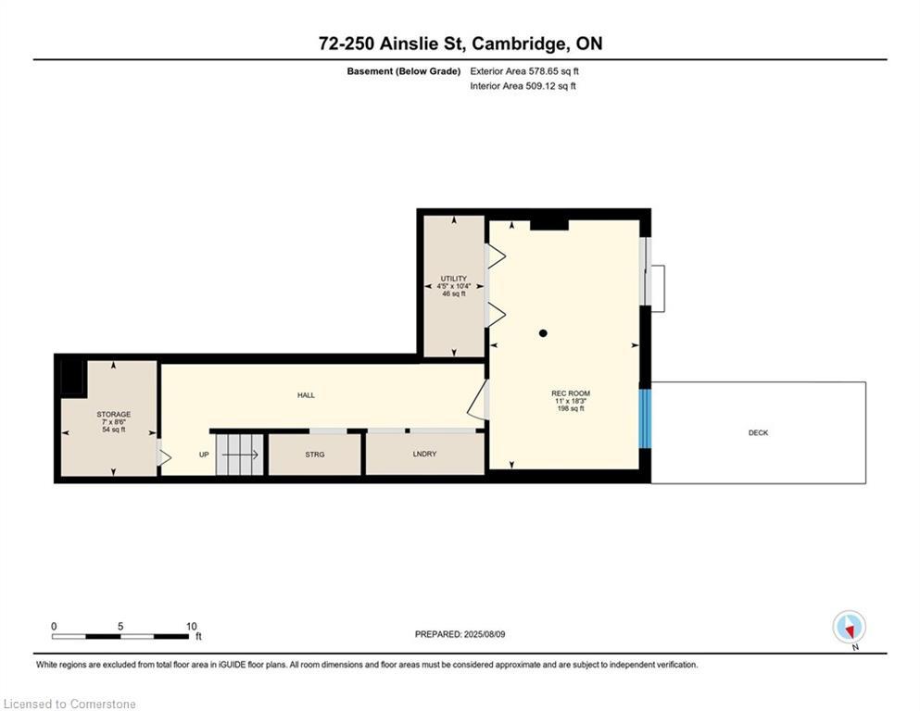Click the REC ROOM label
point(571,393)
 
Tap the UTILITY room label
point(454,279)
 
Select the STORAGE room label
point(114,415)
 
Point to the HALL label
point(306,395)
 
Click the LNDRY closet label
point(424,454)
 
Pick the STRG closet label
point(314,455)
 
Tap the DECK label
point(758,432)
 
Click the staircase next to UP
point(239,455)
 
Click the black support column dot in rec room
point(543,333)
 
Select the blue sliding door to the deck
point(645,418)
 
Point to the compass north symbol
point(849,628)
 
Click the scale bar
point(120,637)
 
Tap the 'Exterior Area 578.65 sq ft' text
point(524,71)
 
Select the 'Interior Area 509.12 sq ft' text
point(523,85)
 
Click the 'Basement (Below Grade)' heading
point(404,71)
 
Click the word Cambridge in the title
point(520,44)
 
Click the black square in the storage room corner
point(73,377)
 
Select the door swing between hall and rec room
point(478,399)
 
